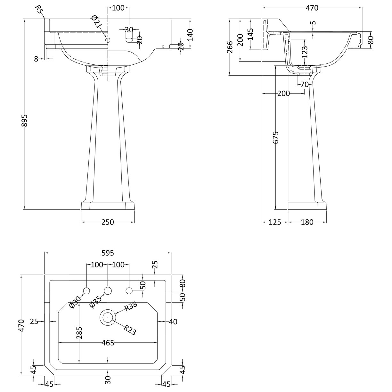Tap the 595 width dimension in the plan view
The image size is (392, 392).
pyautogui.click(x=108, y=253)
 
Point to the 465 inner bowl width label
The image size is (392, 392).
pyautogui.click(x=108, y=343)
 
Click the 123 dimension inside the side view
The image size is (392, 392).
pyautogui.click(x=304, y=51)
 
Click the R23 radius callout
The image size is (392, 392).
pyautogui.click(x=130, y=330)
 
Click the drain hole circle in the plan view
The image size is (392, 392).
pyautogui.click(x=108, y=317)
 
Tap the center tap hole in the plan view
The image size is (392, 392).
pyautogui.click(x=108, y=291)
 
